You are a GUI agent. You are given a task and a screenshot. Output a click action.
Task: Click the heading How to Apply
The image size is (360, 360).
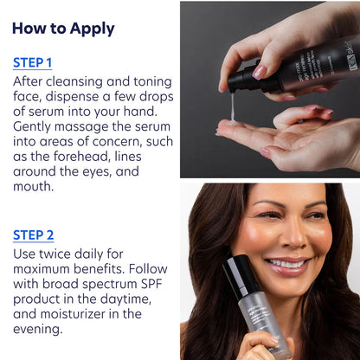pyautogui.click(x=63, y=28)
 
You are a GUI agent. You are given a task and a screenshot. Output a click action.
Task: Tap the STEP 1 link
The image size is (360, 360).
pyautogui.click(x=33, y=62)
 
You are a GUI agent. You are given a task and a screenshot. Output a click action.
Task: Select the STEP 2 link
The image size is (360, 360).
pyautogui.click(x=33, y=234)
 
